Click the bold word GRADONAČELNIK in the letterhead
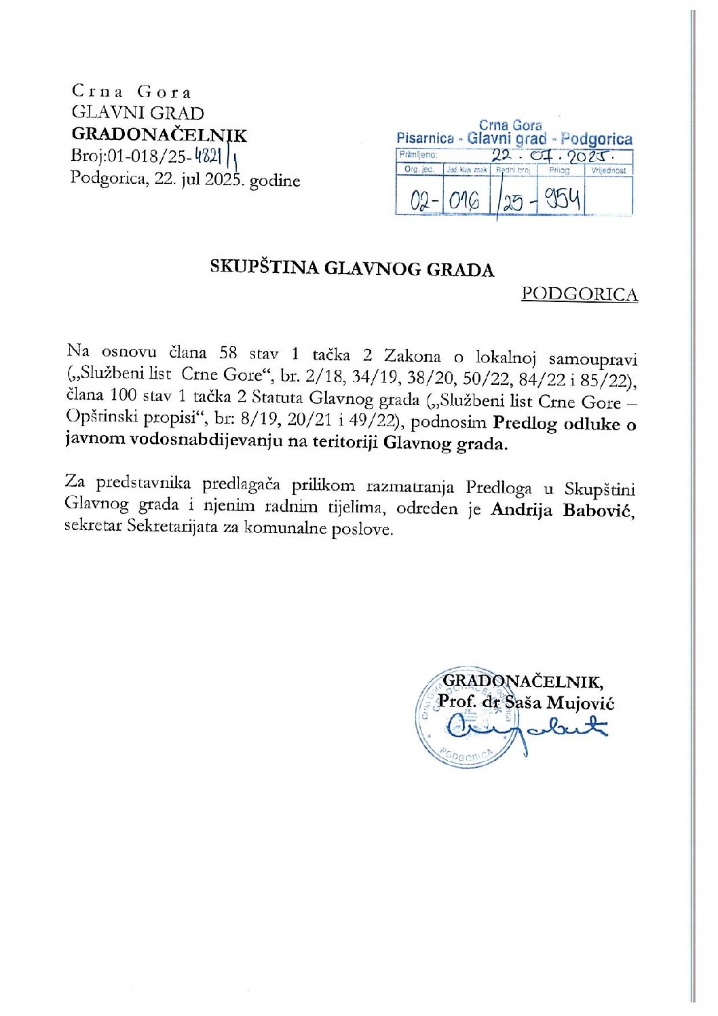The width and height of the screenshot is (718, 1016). [159, 134]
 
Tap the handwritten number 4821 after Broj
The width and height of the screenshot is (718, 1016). [208, 156]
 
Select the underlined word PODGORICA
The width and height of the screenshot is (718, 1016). [580, 294]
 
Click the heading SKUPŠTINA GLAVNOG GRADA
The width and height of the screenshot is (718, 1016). [352, 269]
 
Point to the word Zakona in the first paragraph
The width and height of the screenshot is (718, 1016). [412, 355]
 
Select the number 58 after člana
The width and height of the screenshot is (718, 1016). [227, 352]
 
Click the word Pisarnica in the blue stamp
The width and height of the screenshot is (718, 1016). [425, 138]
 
